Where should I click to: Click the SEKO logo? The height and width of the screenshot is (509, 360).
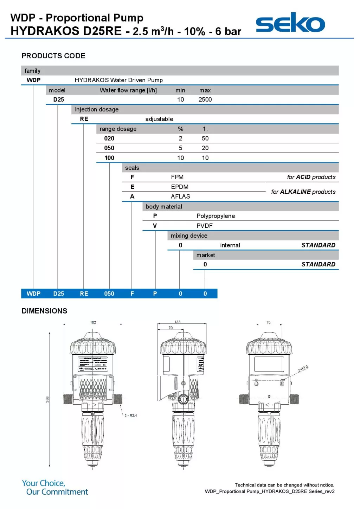click(290, 23)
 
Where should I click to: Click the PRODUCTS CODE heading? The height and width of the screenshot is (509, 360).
click(53, 56)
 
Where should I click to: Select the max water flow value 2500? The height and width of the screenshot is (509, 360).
click(205, 99)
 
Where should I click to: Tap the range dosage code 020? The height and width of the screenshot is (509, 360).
click(109, 138)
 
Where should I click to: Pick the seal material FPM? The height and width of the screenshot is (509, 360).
click(177, 177)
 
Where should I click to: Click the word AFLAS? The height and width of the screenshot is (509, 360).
click(180, 196)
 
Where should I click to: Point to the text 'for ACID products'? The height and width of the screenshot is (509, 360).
click(311, 177)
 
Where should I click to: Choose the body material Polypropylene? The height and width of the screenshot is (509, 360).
click(216, 216)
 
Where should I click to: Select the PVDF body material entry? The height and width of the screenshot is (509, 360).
click(204, 226)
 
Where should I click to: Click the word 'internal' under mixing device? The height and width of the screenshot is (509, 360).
click(230, 245)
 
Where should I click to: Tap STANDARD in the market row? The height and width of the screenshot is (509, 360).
click(318, 264)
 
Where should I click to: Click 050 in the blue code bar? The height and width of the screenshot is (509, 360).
click(109, 294)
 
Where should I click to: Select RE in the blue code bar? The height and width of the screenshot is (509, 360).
click(84, 294)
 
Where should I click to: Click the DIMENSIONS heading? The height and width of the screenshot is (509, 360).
click(44, 311)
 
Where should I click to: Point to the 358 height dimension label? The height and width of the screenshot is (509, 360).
click(47, 399)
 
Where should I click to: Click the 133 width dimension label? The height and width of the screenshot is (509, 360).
click(178, 322)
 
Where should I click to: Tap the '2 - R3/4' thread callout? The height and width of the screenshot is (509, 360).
click(131, 415)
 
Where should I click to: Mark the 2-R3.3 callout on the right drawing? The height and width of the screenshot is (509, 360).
click(303, 368)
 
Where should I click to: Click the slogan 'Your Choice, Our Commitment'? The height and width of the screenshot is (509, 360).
click(55, 488)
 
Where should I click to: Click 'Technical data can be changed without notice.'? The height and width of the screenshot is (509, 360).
click(284, 485)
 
